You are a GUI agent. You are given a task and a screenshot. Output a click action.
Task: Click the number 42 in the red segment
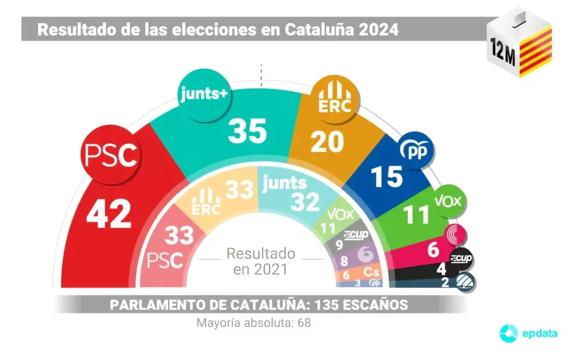point(109,215)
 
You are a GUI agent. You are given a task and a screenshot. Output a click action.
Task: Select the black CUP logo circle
point(461,259)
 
